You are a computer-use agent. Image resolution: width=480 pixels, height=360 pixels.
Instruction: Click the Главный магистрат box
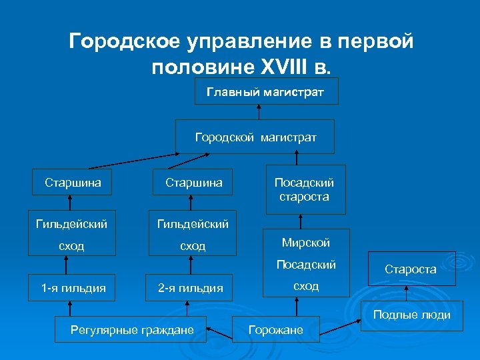click(x=266, y=91)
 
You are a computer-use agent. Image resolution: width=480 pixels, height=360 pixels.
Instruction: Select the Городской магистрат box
click(x=255, y=137)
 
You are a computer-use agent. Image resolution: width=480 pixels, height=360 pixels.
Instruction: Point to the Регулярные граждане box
click(x=132, y=329)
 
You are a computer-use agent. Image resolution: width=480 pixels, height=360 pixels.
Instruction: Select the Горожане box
click(x=276, y=329)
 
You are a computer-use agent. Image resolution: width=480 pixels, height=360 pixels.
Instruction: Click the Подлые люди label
click(x=411, y=315)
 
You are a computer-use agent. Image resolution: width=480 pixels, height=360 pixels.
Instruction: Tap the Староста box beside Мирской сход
click(x=410, y=269)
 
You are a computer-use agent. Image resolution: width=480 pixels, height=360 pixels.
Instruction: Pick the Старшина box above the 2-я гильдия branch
click(x=193, y=182)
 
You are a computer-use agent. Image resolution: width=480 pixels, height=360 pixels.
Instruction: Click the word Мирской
click(x=305, y=243)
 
